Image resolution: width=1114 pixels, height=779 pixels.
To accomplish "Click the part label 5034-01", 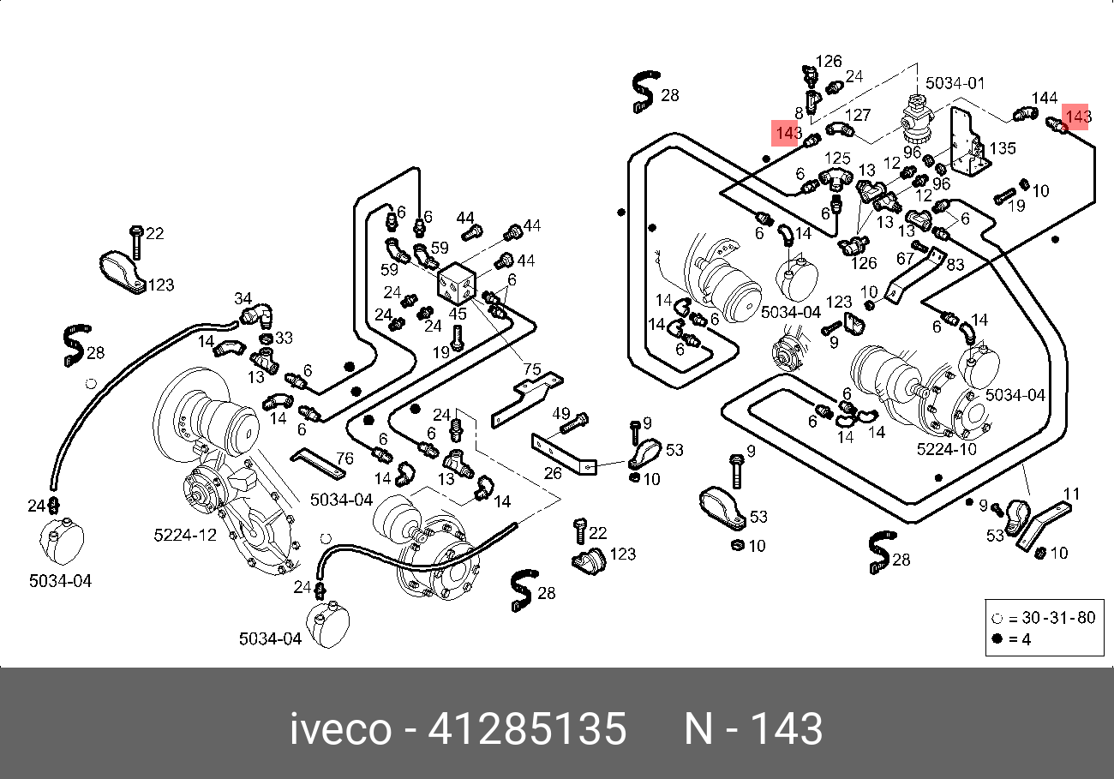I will [955, 83].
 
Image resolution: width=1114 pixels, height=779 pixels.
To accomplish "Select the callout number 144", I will [1045, 99].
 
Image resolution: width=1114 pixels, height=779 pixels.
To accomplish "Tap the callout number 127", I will [859, 116].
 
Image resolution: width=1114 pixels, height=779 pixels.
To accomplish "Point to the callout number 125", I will [837, 159].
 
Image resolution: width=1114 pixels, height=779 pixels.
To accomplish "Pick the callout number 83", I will [955, 265].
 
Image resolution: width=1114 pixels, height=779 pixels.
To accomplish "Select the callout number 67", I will [907, 258].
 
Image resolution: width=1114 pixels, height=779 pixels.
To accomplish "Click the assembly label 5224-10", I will [946, 449].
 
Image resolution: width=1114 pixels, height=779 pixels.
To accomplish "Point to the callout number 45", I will [458, 315].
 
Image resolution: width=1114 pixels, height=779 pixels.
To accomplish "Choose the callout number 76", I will [343, 458].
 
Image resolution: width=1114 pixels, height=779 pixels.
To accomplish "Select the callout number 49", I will [561, 415].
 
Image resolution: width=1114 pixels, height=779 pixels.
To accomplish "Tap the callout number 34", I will [243, 298].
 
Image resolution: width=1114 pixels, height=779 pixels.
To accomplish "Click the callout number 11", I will [1072, 494].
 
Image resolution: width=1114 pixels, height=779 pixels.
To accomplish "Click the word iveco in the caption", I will [340, 730].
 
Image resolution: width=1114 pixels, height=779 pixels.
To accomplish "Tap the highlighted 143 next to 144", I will [1076, 116].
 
